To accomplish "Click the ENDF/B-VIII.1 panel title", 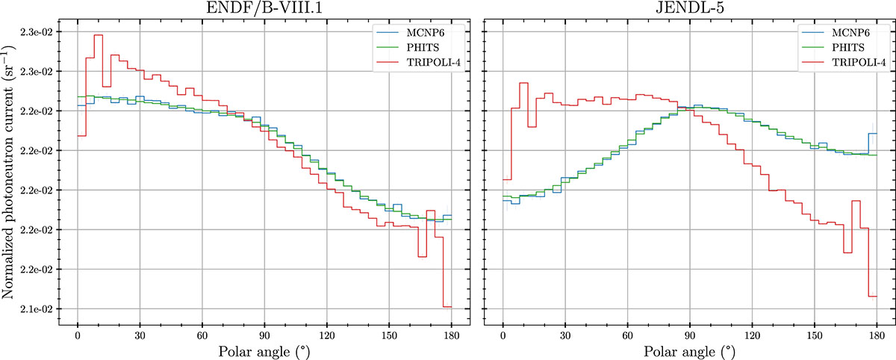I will click(264, 9).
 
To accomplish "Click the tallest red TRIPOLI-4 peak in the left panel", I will click(98, 35).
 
